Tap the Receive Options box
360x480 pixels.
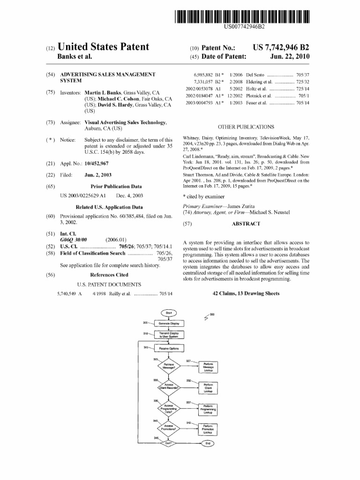point(169,349)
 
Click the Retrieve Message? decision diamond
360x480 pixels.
point(169,367)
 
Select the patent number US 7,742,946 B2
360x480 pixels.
point(281,48)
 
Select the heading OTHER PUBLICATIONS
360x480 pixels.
point(246,127)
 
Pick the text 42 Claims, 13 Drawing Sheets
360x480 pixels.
point(246,293)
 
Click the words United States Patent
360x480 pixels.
point(103,47)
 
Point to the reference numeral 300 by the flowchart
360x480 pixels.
point(212,315)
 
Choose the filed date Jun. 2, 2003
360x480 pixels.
point(98,175)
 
